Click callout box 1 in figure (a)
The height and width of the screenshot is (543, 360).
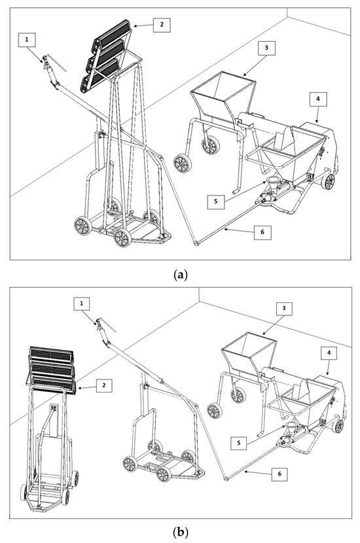click(x=27, y=40)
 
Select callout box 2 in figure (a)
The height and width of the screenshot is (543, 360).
click(x=162, y=24)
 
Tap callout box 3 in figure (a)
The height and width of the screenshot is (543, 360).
click(x=266, y=48)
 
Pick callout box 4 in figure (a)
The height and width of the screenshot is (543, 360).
click(x=318, y=99)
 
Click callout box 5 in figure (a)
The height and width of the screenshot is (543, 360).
click(x=216, y=201)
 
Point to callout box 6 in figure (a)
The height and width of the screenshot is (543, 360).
click(x=262, y=232)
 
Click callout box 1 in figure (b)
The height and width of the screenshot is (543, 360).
click(x=82, y=304)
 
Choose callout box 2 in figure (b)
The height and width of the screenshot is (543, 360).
click(x=103, y=385)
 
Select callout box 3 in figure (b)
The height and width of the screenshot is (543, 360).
click(x=284, y=308)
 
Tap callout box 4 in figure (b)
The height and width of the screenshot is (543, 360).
click(x=329, y=353)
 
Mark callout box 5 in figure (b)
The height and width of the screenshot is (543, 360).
click(x=238, y=442)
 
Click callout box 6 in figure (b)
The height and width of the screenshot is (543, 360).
click(x=279, y=474)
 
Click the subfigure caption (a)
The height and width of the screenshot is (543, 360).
click(x=180, y=275)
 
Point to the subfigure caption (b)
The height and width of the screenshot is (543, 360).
click(x=180, y=532)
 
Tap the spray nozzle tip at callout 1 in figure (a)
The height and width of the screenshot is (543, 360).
click(x=45, y=58)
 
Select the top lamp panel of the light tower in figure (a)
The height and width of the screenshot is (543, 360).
click(x=113, y=33)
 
